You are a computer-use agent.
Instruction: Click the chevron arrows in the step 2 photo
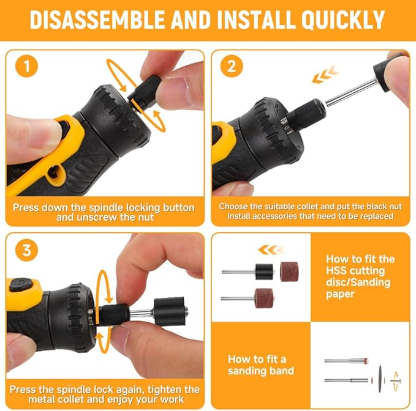pos(324,76)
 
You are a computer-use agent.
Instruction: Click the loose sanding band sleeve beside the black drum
pos(289,271)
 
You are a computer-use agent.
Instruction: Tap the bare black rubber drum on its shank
pos(264,271)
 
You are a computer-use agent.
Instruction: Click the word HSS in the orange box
pos(338,270)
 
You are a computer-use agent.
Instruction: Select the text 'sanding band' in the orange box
pos(261,371)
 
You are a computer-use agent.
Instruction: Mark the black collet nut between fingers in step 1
pos(145,94)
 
